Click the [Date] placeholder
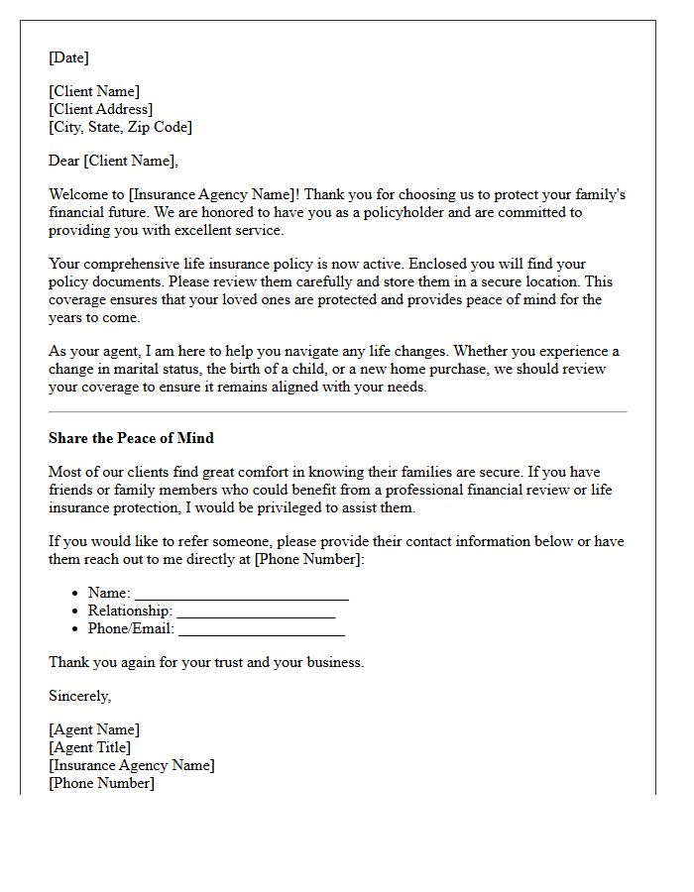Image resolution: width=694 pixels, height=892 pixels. [x=68, y=57]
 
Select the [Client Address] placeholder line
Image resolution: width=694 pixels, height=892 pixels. [x=100, y=109]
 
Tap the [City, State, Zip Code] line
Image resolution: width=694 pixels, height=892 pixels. [x=120, y=127]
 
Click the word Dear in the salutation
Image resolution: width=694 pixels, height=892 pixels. [x=64, y=161]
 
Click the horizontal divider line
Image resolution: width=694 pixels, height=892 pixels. [x=337, y=411]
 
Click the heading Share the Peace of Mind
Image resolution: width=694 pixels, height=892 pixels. [x=131, y=438]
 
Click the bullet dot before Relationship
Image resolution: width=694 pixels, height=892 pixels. [x=76, y=612]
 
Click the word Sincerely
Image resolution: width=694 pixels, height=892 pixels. [x=79, y=696]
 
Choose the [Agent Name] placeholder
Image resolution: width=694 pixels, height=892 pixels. [x=94, y=729]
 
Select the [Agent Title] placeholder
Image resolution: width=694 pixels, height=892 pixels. [x=89, y=747]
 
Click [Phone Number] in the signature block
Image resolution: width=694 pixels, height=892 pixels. [x=101, y=783]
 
